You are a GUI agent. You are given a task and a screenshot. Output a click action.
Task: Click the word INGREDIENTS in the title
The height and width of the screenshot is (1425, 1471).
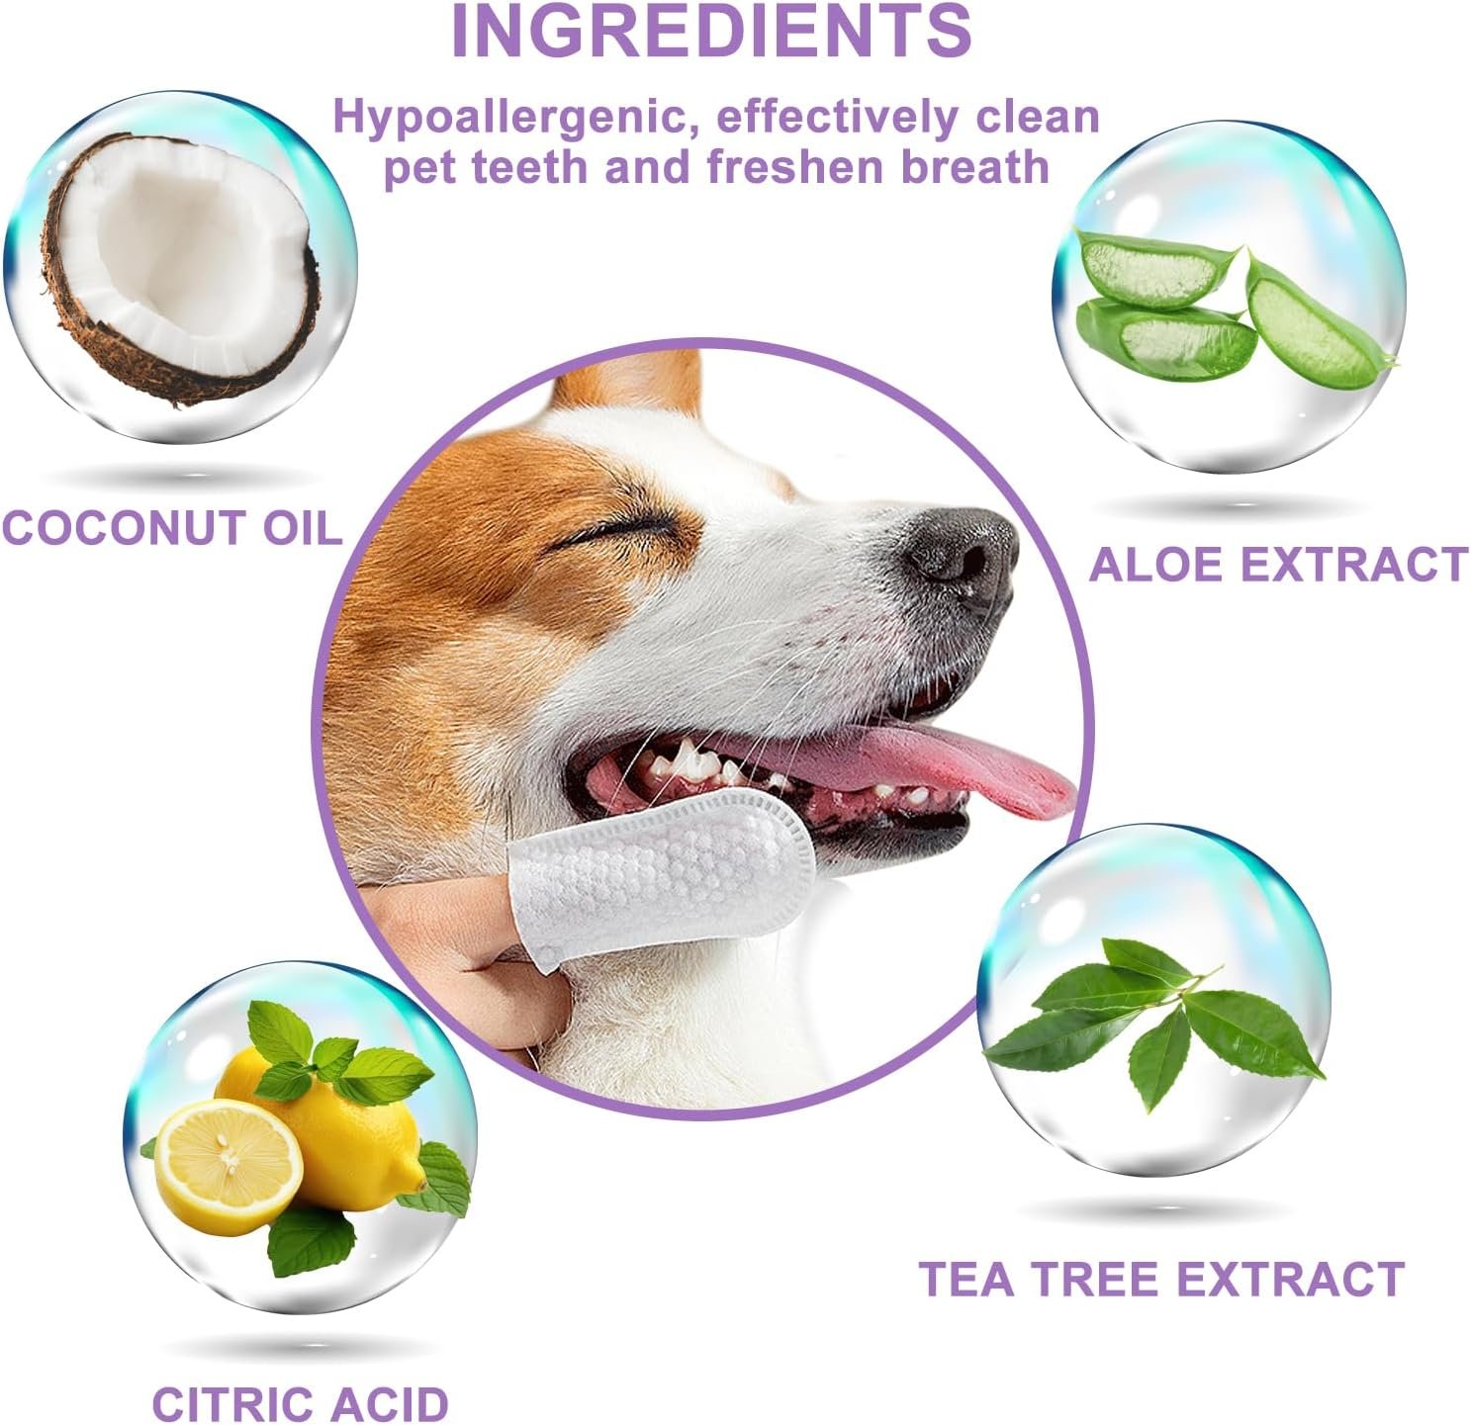[711, 31]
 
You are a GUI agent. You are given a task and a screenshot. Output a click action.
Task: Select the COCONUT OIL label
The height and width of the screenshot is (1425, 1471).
[172, 527]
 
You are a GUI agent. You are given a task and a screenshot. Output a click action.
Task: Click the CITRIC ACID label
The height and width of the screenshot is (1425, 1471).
[301, 1404]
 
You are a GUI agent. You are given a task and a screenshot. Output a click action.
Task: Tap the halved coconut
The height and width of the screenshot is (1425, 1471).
[180, 268]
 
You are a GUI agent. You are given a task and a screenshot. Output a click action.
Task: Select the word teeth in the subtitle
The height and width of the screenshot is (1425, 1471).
[529, 168]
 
